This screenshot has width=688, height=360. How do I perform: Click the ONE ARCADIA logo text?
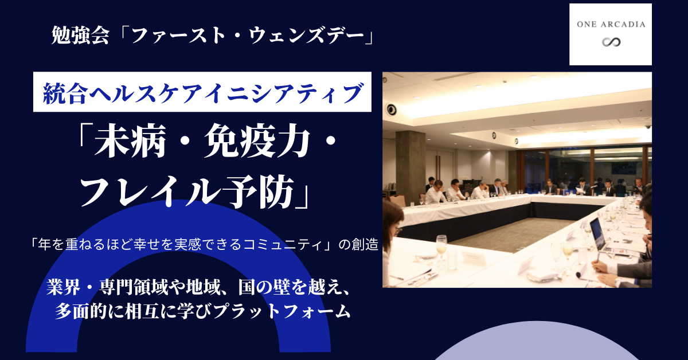coord(611,24)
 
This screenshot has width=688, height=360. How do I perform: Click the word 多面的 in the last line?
coord(79,312)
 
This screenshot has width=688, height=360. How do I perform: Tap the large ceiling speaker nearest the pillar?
coord(392,109)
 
